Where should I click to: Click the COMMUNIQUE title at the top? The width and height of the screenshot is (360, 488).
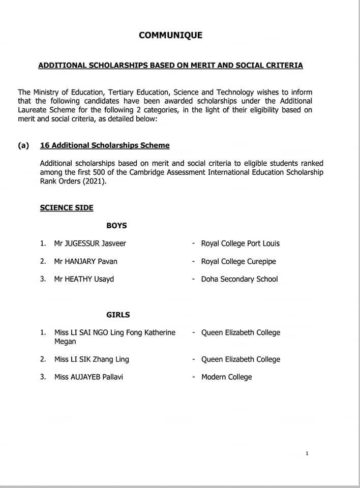click(x=170, y=35)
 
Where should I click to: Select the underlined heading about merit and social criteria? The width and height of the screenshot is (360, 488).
click(x=170, y=66)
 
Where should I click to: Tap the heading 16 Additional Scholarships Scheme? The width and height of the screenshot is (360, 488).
click(x=105, y=145)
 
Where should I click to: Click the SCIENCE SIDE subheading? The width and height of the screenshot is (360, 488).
click(x=67, y=207)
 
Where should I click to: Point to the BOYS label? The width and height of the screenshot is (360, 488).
click(x=116, y=225)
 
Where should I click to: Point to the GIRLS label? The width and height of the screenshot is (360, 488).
click(x=118, y=315)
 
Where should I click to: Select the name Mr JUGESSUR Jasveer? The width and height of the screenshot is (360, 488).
click(x=90, y=243)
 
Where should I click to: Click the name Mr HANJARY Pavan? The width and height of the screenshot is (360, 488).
click(x=85, y=261)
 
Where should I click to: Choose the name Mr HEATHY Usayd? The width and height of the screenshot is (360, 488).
click(x=84, y=279)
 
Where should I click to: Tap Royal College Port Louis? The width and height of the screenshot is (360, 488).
click(x=240, y=243)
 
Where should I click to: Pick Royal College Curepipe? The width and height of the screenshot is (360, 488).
click(x=238, y=261)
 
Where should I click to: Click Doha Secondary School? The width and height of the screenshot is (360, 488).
click(x=239, y=279)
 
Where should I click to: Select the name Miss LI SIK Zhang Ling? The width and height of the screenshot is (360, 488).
click(x=92, y=359)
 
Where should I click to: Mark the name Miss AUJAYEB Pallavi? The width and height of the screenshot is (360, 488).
click(x=88, y=377)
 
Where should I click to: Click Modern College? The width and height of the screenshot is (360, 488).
click(x=226, y=377)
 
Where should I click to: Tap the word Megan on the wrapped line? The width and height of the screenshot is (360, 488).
click(x=65, y=342)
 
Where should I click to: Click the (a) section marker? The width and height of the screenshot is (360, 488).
click(x=23, y=145)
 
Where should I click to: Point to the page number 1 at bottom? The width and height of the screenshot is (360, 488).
click(x=307, y=453)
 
